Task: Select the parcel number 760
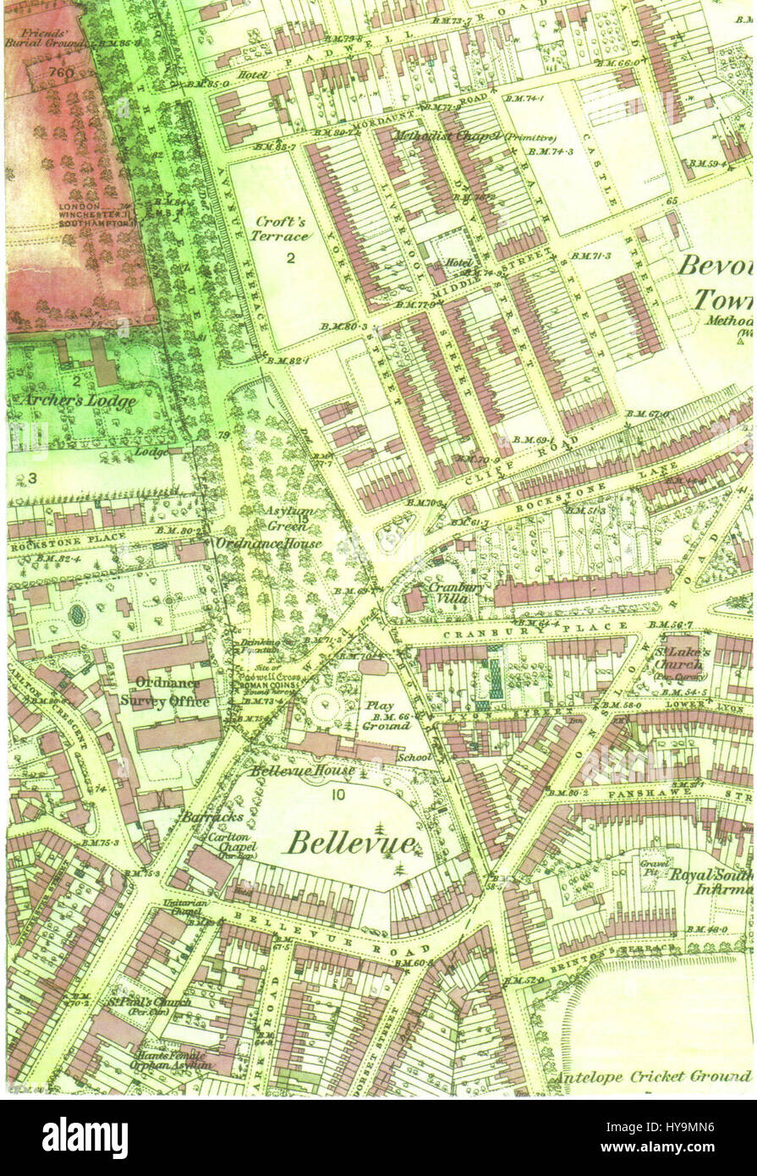(x=61, y=73)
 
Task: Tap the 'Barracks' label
(x=200, y=817)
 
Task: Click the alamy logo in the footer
(x=85, y=1137)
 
